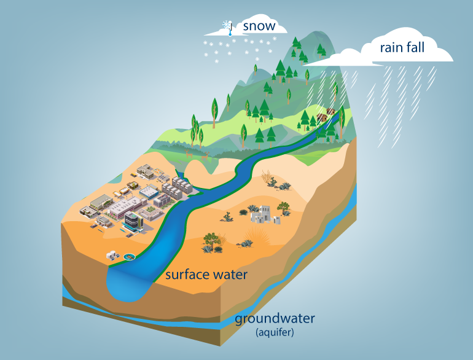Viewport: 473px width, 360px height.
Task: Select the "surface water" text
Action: (206, 275)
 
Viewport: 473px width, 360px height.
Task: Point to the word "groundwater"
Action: (275, 319)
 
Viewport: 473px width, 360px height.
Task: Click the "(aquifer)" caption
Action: (275, 333)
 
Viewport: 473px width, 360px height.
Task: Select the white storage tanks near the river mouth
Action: (114, 254)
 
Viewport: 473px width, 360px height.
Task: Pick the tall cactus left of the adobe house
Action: (227, 216)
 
